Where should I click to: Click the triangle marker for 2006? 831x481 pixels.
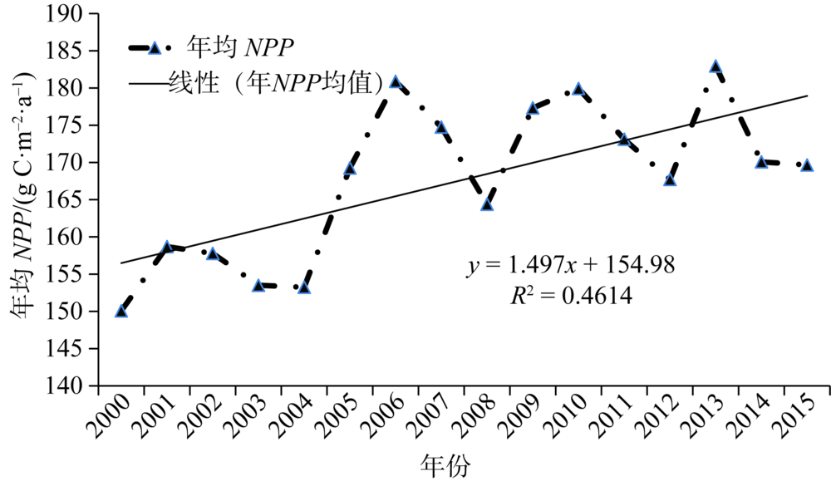pos(396,82)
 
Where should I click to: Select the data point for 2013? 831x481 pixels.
pos(715,66)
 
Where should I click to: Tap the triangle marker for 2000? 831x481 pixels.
pos(121,312)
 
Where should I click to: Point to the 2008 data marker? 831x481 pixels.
pos(487,204)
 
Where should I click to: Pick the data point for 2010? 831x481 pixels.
pos(578,89)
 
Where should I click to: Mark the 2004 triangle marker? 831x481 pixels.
pos(304,287)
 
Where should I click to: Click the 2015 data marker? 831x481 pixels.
pos(807,165)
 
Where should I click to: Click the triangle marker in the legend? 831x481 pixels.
pos(154,47)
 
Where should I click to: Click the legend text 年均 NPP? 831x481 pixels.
pos(241,47)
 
